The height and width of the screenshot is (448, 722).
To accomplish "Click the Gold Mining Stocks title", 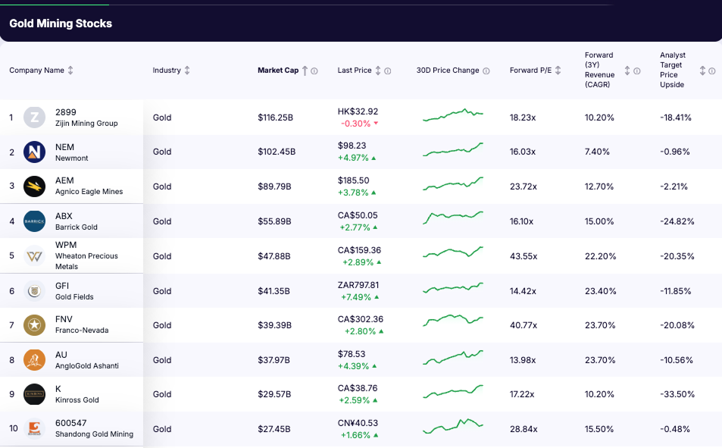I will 61,23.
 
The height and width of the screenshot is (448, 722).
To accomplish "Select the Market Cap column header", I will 278,70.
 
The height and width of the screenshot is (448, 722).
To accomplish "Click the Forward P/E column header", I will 530,70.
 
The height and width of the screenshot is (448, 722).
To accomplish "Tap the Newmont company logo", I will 34,152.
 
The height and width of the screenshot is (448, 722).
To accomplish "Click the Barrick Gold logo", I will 34,221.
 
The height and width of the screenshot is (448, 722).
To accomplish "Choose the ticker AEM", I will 65,181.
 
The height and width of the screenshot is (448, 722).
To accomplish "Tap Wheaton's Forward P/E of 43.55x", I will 523,256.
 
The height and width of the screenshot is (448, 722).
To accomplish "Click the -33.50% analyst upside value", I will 677,394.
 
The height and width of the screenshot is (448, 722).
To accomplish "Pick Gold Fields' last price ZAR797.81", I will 358,285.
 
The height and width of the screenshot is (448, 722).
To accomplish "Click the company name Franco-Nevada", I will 82,331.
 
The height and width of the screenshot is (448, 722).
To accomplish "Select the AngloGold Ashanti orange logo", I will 34,360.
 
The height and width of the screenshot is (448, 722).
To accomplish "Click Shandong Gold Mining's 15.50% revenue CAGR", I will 599,429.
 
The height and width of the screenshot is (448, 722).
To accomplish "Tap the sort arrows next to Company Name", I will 70,70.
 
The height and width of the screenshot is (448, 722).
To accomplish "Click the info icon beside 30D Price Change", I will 486,70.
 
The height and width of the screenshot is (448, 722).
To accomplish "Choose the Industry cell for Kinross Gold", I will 162,394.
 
